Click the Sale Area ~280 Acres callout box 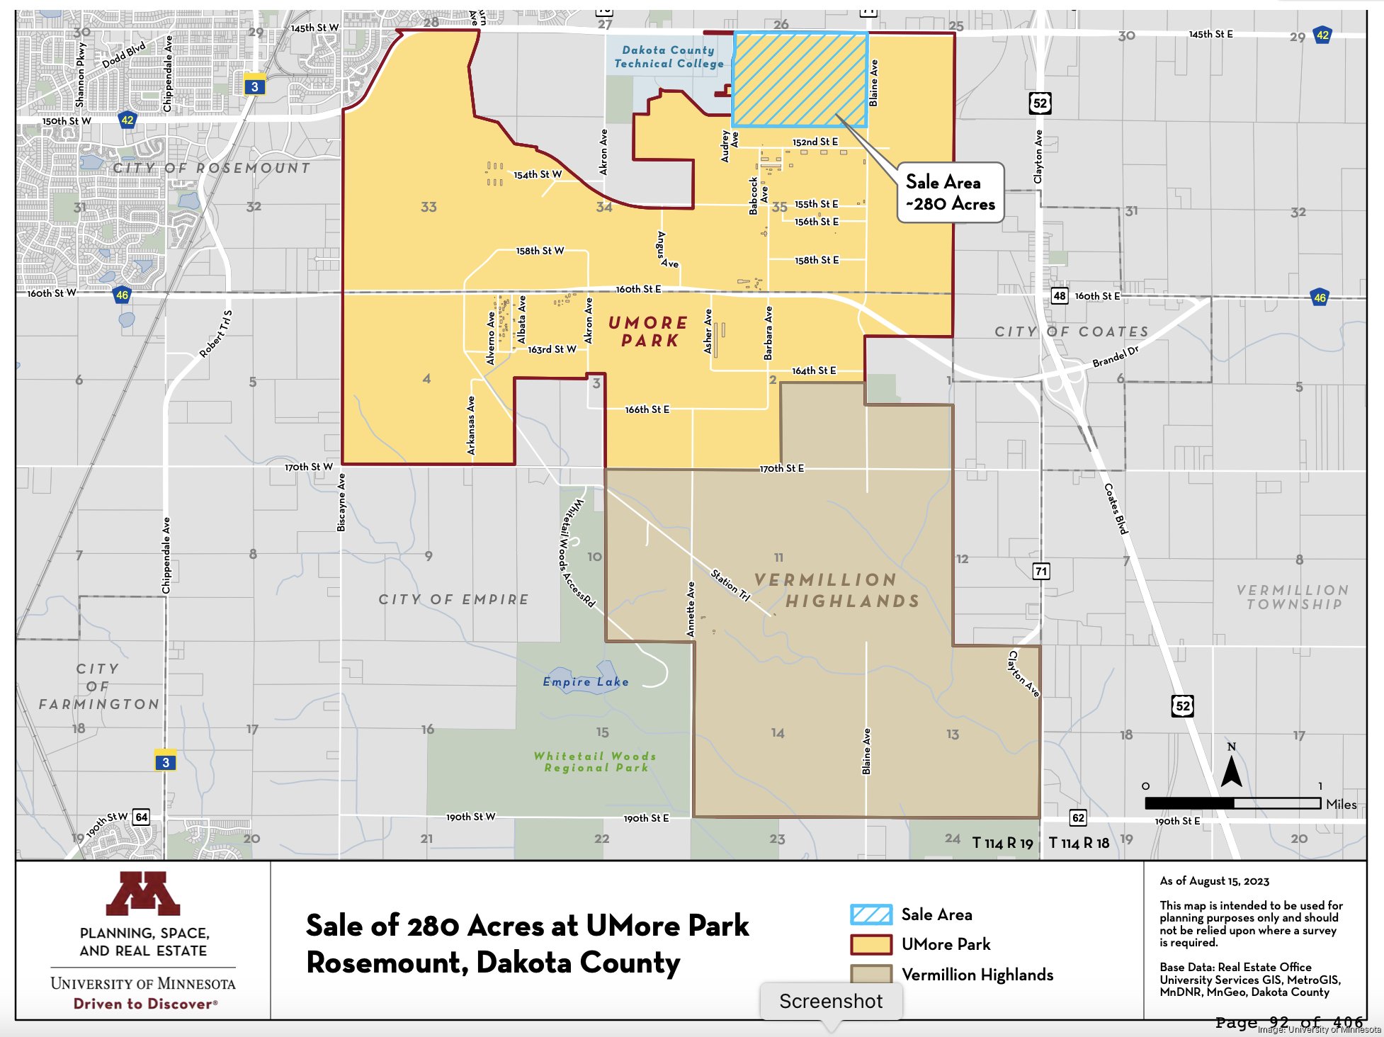(x=950, y=193)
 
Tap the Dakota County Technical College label (x=669, y=57)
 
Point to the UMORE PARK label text (x=649, y=331)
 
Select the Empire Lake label (x=585, y=681)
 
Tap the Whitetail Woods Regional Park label (x=595, y=761)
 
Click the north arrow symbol (x=1231, y=769)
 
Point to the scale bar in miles (x=1232, y=803)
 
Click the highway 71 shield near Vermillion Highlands (x=1040, y=571)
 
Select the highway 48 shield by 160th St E (x=1059, y=295)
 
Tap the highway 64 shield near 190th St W (x=142, y=817)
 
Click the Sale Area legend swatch (x=871, y=914)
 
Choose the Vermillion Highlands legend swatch (x=871, y=975)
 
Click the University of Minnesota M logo (x=143, y=893)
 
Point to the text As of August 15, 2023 (x=1214, y=881)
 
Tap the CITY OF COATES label (x=1071, y=331)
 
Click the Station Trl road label (x=730, y=585)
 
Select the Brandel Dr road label (x=1115, y=356)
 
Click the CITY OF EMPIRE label (x=453, y=599)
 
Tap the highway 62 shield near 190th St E (x=1077, y=817)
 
